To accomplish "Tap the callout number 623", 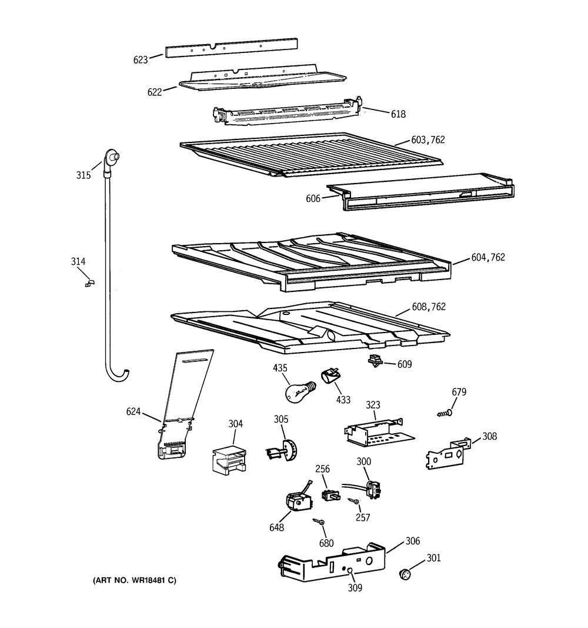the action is coord(141,59).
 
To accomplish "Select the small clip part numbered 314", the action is coord(89,283).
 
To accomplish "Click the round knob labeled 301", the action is coord(405,574).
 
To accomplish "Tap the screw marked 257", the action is coord(353,501).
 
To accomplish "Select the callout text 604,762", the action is coord(488,257).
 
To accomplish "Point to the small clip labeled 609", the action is coord(375,360).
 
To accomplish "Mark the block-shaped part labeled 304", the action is coord(228,460).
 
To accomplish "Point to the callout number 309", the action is coord(355,587).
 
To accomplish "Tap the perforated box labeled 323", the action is coord(379,432).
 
